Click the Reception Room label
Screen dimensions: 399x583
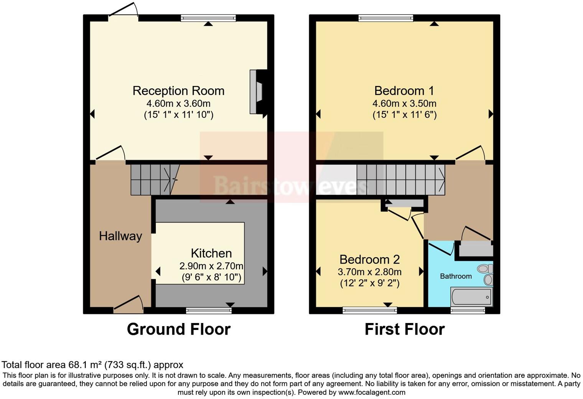coord(178,91)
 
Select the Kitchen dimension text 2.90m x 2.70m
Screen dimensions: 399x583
coord(211,266)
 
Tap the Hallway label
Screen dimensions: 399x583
coord(120,236)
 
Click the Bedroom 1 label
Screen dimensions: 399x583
coord(404,91)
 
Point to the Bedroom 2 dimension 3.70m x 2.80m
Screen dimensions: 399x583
coord(369,272)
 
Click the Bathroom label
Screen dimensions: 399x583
coord(456,276)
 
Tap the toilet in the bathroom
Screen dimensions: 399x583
coord(484,268)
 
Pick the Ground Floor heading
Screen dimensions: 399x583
coord(178,329)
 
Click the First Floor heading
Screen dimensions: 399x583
coord(404,329)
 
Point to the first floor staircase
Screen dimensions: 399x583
coord(401,180)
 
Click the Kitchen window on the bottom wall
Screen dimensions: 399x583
coord(209,310)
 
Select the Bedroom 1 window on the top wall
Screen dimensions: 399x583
coord(386,18)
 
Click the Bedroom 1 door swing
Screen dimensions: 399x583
coord(470,154)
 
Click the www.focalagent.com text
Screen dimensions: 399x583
coord(372,392)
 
